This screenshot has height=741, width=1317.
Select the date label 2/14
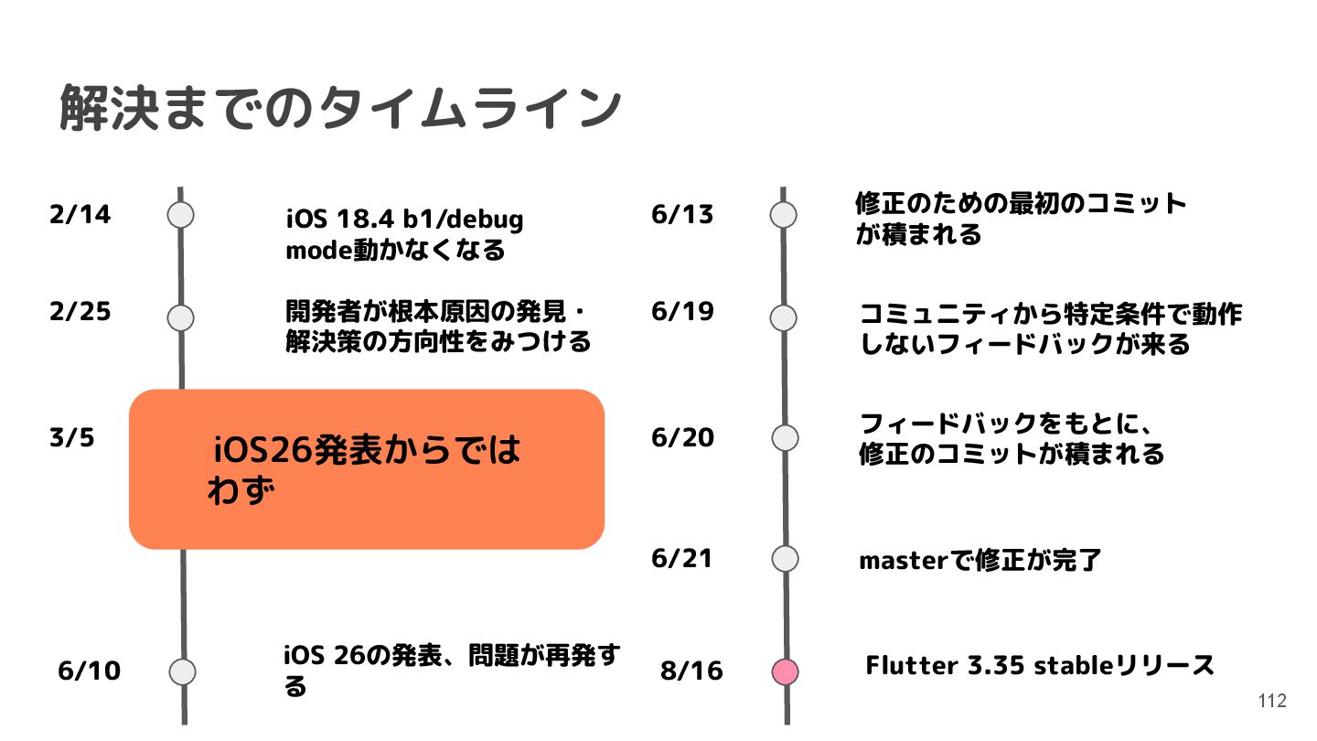click(80, 215)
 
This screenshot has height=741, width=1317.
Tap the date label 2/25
click(80, 312)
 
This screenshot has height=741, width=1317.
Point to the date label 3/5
click(71, 438)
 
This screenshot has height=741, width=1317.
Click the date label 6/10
click(89, 671)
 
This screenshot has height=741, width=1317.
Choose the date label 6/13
click(682, 215)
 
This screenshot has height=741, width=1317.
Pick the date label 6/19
click(682, 312)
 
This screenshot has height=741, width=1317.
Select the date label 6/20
click(682, 438)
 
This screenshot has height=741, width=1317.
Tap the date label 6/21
click(682, 558)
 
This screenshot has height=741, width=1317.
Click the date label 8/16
click(691, 671)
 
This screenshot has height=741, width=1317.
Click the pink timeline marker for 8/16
click(785, 671)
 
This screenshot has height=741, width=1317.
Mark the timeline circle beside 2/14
click(181, 215)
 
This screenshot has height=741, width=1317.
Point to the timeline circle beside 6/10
click(183, 671)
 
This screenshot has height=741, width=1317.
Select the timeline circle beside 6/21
click(785, 558)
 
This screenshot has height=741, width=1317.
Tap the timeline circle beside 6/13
click(784, 215)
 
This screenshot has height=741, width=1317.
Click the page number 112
click(1272, 701)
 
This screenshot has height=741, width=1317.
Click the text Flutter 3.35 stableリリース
click(1040, 665)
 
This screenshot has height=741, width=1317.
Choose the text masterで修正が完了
click(980, 560)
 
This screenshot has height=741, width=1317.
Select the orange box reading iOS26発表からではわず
click(367, 468)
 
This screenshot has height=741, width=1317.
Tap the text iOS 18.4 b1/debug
click(404, 220)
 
